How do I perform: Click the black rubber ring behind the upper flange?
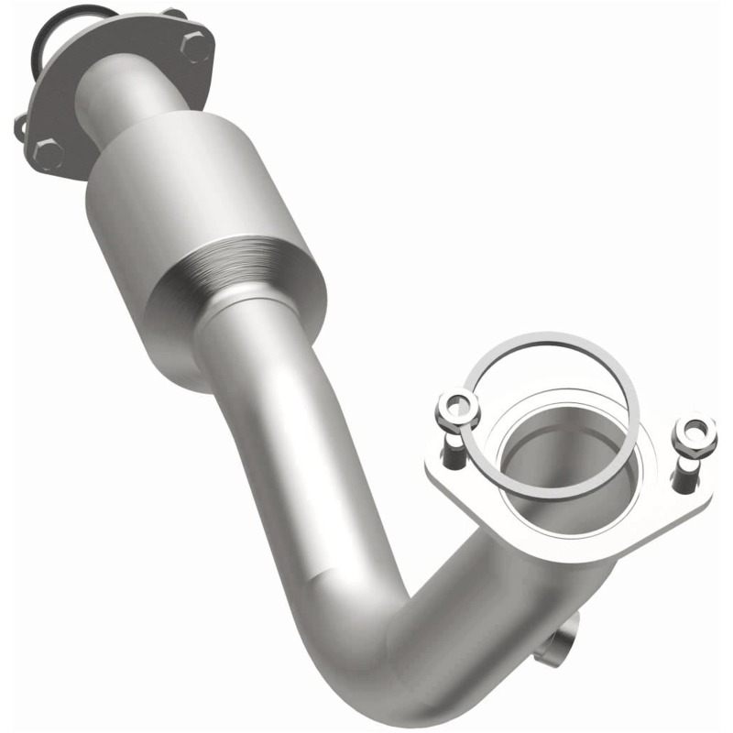click(48, 37)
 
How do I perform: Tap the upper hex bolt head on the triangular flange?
click(195, 45)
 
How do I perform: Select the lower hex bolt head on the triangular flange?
click(47, 152)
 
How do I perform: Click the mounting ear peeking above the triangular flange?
click(172, 13)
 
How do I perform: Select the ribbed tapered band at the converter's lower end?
click(247, 275)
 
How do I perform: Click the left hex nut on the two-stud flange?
click(458, 406)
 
